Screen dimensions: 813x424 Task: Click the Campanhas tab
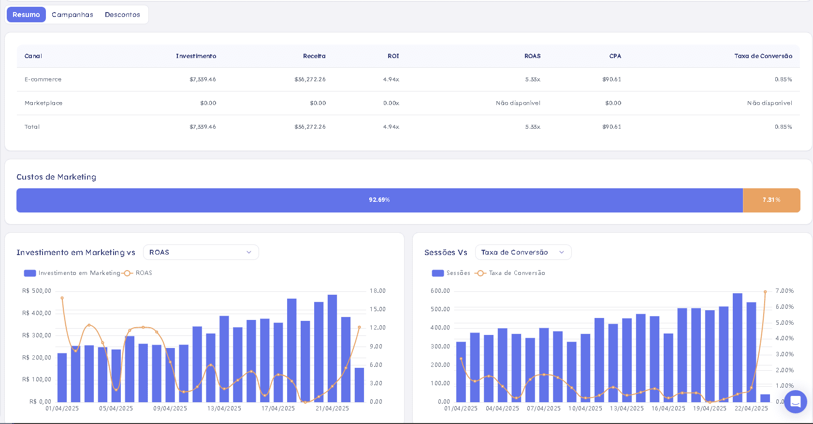[x=72, y=15]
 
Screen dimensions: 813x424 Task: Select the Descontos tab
[x=122, y=15]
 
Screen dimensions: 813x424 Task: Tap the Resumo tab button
[x=26, y=15]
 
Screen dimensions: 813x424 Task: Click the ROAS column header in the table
[x=533, y=56]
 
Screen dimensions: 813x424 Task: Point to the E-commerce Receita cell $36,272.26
[x=310, y=79]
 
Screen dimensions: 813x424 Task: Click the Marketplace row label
[x=44, y=103]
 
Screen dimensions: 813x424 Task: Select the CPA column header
[x=615, y=56]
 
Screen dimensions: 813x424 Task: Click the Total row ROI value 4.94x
[x=391, y=127]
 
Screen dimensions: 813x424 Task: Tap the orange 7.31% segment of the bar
[x=771, y=200]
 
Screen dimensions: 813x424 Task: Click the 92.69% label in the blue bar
[x=379, y=200]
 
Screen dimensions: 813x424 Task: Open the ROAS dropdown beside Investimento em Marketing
[x=201, y=252]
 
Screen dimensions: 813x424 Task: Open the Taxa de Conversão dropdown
[x=523, y=252]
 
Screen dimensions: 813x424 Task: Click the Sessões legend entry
[x=451, y=273]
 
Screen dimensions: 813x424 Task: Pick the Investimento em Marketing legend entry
[x=72, y=273]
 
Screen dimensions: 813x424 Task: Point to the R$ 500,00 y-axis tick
[x=37, y=291]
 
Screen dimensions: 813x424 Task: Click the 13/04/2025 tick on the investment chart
[x=224, y=409]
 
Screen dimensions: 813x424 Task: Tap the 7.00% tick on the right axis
[x=784, y=291]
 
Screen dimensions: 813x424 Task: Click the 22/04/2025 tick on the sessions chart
[x=751, y=409]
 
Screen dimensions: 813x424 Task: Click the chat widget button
[x=796, y=402]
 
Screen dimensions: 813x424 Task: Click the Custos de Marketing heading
[x=56, y=177]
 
